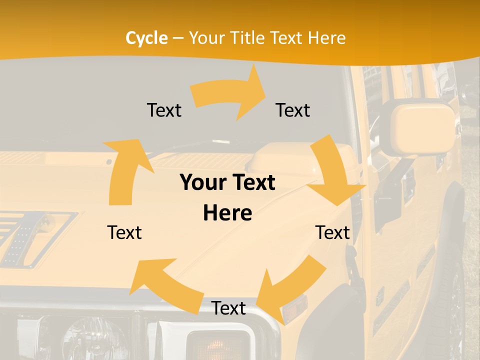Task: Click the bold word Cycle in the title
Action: [146, 38]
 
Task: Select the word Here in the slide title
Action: [327, 38]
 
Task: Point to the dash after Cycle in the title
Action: [178, 38]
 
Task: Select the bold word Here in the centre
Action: [227, 213]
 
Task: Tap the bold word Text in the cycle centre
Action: [253, 182]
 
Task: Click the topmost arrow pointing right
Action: [230, 93]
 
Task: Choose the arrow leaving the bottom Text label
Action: [165, 285]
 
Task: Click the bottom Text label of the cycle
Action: [228, 308]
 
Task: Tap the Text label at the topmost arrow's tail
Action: [164, 110]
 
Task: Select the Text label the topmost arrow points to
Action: [293, 110]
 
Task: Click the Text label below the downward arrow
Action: [332, 232]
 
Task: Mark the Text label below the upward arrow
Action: [124, 232]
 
